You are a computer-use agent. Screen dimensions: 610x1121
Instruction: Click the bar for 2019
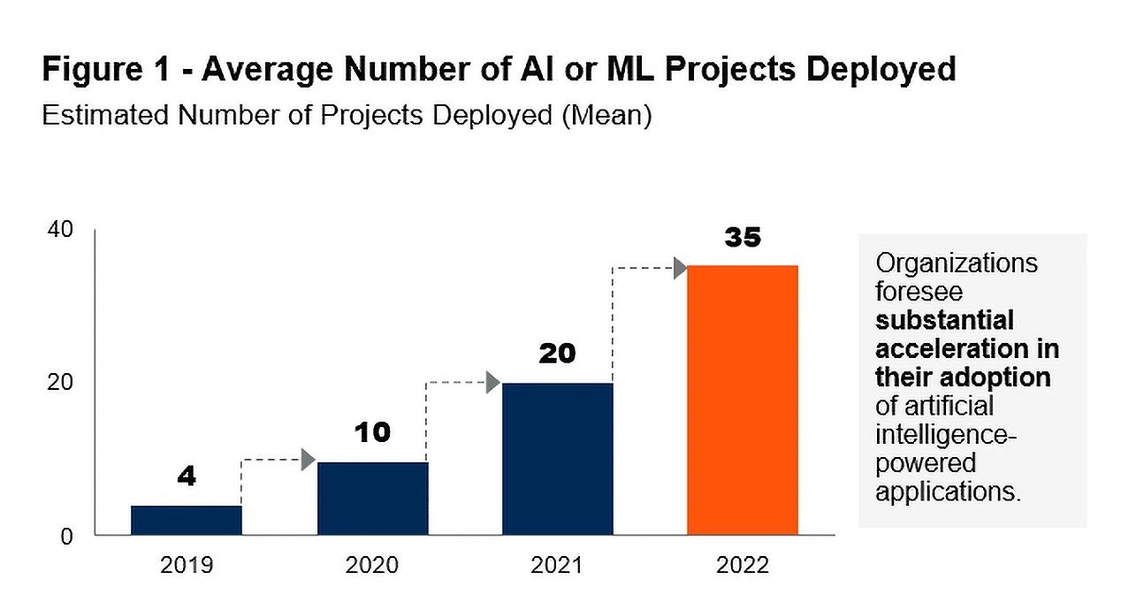pyautogui.click(x=186, y=520)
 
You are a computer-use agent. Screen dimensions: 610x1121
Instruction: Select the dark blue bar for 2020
pyautogui.click(x=372, y=498)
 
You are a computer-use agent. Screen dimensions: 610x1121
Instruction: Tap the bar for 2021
pyautogui.click(x=557, y=459)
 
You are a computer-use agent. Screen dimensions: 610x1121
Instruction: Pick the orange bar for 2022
pyautogui.click(x=743, y=400)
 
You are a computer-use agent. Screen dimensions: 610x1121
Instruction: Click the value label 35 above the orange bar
pyautogui.click(x=743, y=238)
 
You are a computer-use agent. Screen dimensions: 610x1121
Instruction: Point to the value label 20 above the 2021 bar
pyautogui.click(x=557, y=355)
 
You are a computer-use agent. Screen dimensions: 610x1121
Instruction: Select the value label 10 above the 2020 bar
pyautogui.click(x=372, y=433)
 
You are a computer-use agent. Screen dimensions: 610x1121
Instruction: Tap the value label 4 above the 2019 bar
pyautogui.click(x=186, y=477)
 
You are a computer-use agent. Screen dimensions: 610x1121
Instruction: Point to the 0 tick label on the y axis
pyautogui.click(x=67, y=536)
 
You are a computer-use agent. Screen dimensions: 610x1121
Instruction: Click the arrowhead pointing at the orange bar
pyautogui.click(x=680, y=268)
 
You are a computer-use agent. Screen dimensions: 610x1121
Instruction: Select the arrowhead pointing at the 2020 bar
pyautogui.click(x=309, y=460)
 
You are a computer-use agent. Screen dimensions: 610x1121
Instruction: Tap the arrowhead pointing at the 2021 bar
pyautogui.click(x=493, y=383)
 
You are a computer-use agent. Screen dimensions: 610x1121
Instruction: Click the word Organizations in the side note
pyautogui.click(x=957, y=263)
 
